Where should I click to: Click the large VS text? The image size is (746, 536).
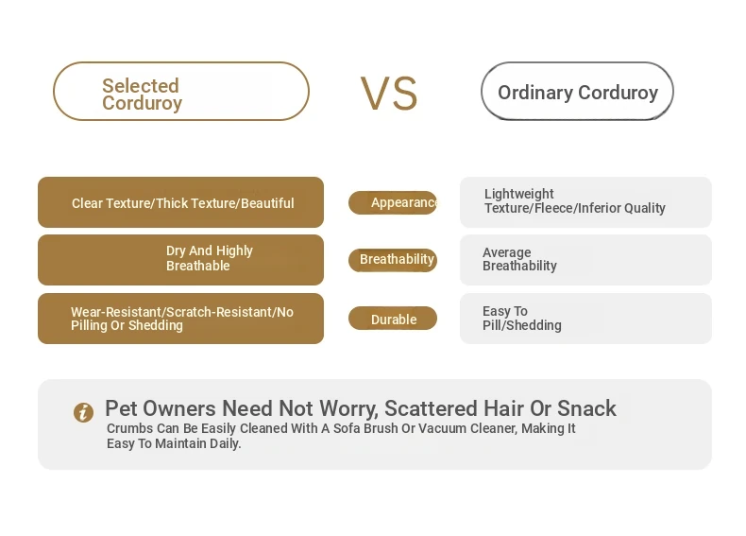[389, 94]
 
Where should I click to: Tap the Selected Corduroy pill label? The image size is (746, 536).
[181, 91]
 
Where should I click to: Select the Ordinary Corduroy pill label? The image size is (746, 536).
[577, 91]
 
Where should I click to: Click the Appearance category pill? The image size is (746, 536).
[393, 202]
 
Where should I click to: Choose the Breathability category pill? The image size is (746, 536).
[393, 260]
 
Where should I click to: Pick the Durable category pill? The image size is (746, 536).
[393, 319]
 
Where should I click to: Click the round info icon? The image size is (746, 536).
[83, 412]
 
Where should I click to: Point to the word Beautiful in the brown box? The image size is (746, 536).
[267, 203]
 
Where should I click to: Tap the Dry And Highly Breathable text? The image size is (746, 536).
[210, 258]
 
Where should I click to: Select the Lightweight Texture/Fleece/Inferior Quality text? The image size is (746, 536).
[575, 201]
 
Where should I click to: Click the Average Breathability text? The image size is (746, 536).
[519, 259]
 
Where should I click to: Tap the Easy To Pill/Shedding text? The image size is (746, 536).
[522, 319]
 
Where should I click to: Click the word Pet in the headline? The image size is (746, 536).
[121, 408]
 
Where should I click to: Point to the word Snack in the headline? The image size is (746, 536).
[586, 408]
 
